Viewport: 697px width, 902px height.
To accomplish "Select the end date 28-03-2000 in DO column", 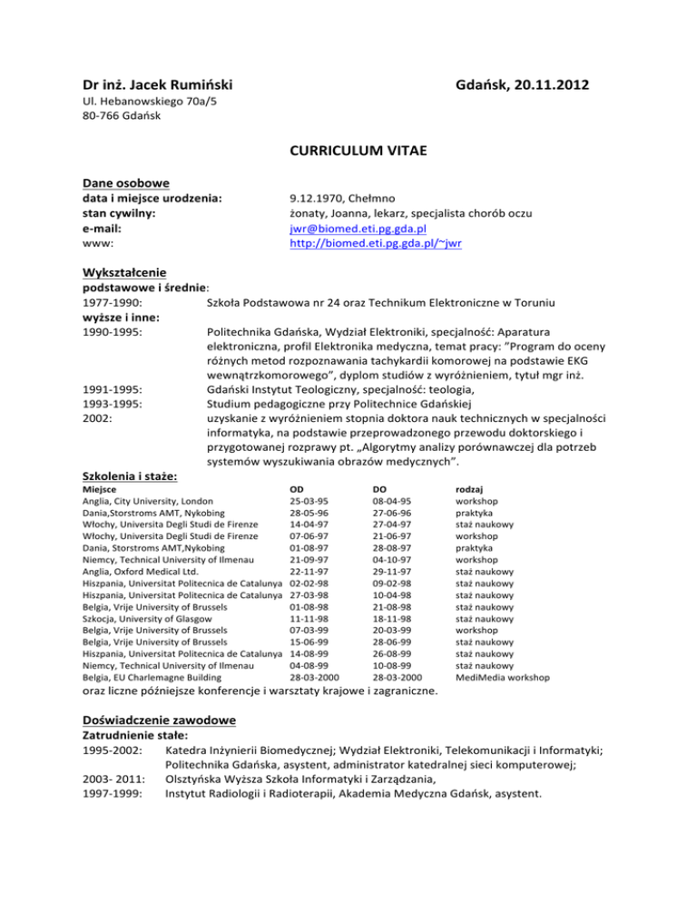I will coord(397,677).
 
